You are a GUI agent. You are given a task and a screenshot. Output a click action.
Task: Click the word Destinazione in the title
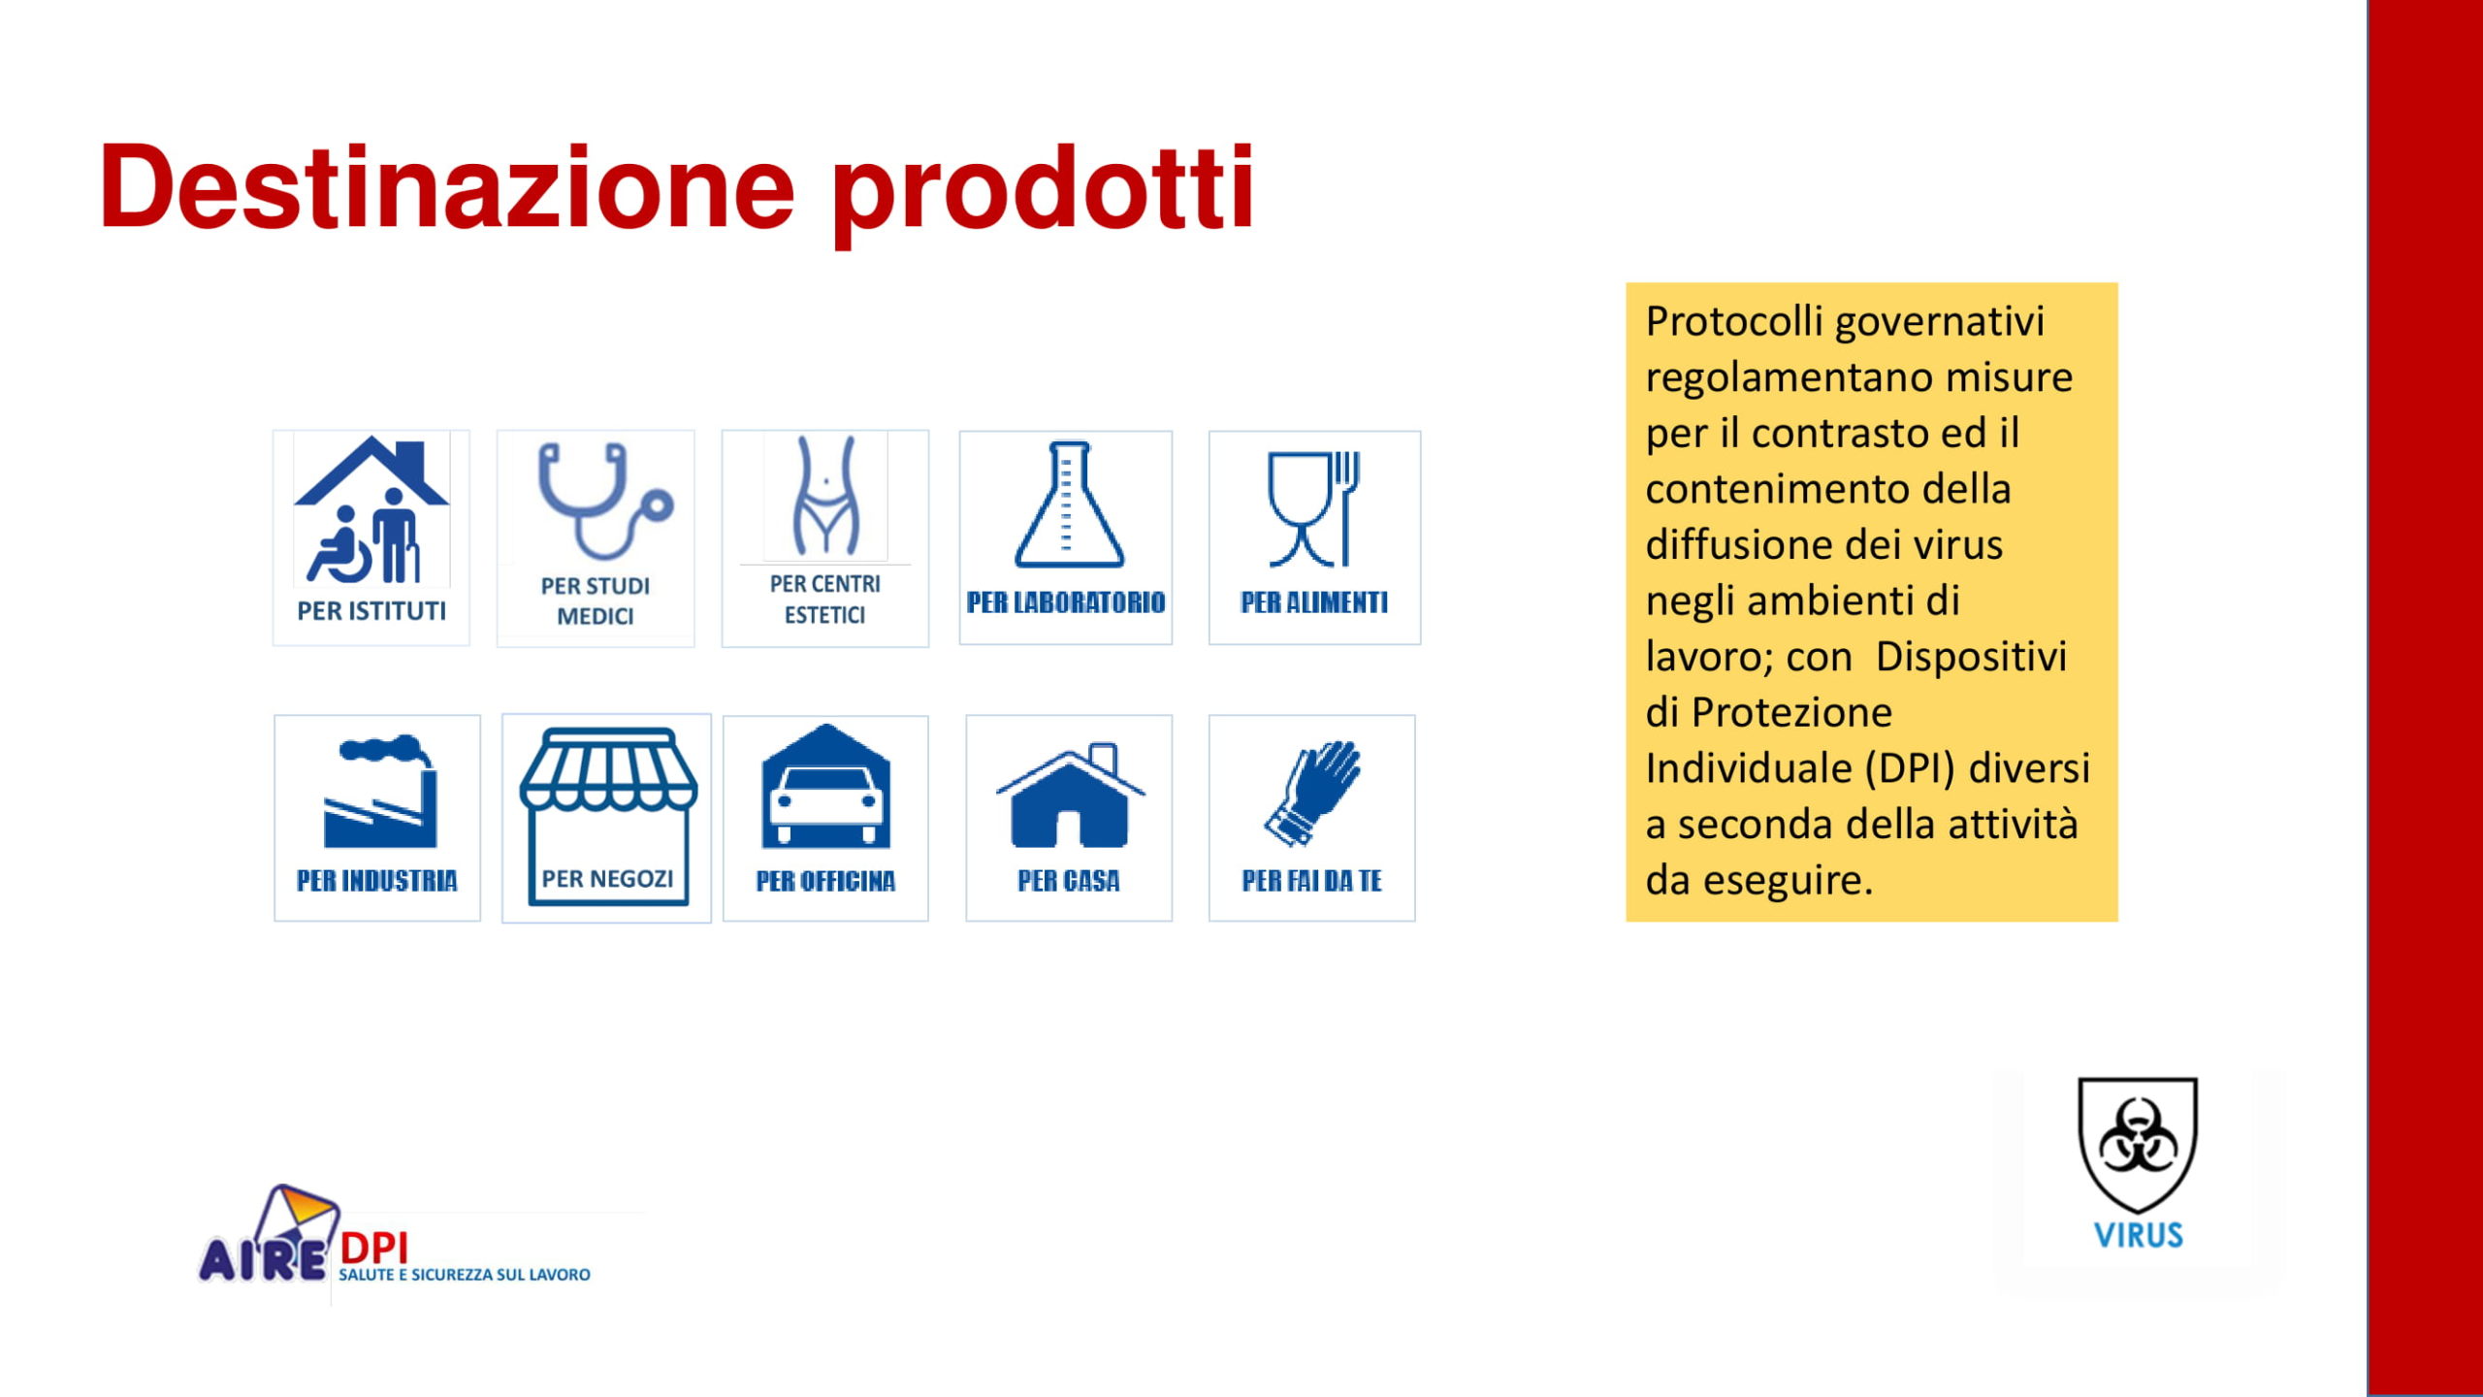(447, 186)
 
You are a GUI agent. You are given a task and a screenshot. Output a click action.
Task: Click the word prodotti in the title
(1043, 193)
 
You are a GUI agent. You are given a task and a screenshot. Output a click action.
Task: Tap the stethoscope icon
(603, 501)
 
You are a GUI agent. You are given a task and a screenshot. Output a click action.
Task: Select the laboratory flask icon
(1069, 504)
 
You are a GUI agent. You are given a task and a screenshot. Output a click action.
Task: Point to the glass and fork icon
(1314, 508)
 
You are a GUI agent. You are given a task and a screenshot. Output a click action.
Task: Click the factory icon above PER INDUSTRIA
(380, 791)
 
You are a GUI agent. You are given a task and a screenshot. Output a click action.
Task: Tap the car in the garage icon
(826, 786)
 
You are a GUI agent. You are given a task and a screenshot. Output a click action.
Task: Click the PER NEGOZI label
(607, 879)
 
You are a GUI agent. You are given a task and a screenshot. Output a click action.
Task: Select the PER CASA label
(1069, 881)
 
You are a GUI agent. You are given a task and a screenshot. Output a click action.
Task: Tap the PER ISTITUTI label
(371, 611)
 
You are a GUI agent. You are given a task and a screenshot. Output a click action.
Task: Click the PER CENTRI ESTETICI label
(825, 599)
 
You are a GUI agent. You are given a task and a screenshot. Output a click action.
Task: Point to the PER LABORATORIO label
(1066, 602)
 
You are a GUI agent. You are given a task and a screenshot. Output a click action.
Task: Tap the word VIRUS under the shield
(2138, 1235)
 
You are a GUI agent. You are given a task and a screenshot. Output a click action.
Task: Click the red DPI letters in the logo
(374, 1249)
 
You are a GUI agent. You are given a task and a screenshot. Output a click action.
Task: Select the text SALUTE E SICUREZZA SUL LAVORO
(465, 1275)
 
